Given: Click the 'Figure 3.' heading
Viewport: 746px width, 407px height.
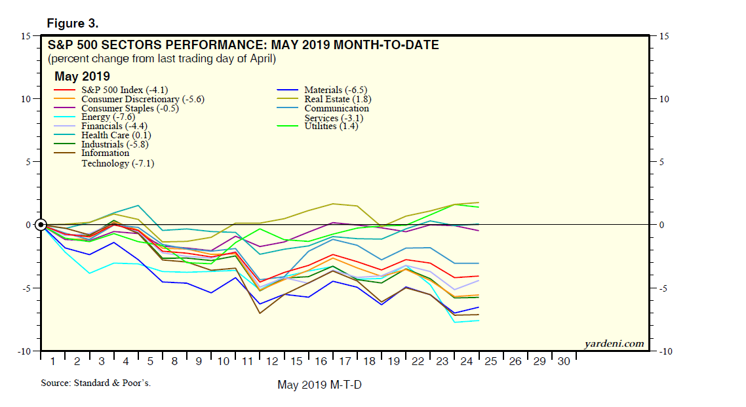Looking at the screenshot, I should click(x=72, y=24).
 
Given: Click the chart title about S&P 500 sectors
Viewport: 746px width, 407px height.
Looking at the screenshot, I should click(x=243, y=46).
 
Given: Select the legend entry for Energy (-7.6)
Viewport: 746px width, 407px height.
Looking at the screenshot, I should click(x=98, y=117).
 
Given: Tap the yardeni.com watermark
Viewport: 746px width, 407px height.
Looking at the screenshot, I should click(x=614, y=343).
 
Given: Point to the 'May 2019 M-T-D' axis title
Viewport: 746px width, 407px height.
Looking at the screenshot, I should click(x=319, y=385).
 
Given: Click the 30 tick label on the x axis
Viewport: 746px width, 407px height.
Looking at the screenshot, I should click(x=564, y=362).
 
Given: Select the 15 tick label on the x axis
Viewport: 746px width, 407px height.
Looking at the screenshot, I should click(x=296, y=362).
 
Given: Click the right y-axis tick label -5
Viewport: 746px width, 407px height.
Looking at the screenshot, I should click(x=663, y=288).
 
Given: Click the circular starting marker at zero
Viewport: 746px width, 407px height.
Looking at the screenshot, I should click(x=41, y=225).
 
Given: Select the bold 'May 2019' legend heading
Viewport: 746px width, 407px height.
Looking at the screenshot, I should click(x=82, y=76).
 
